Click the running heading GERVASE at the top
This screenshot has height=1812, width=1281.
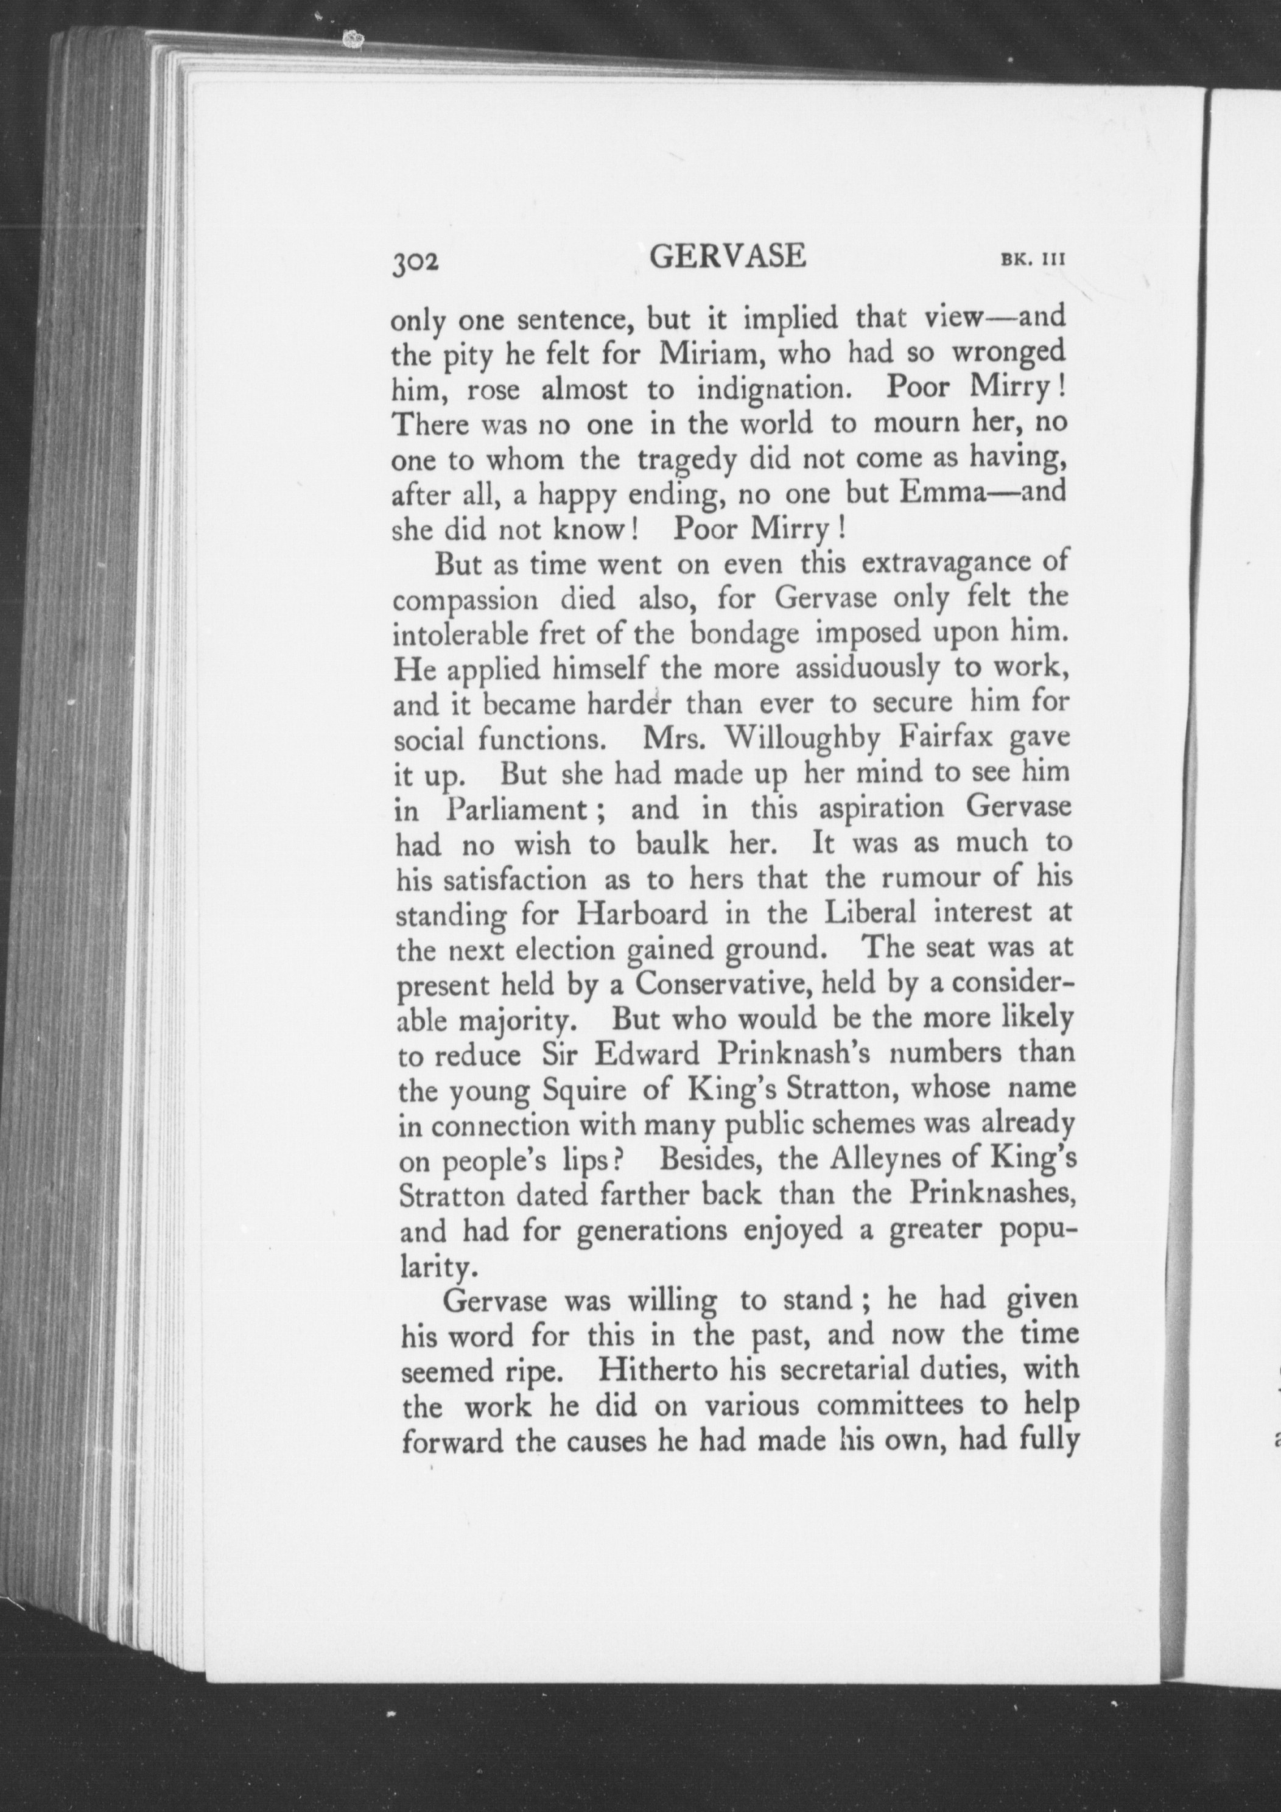[729, 256]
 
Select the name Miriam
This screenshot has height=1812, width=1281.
[708, 354]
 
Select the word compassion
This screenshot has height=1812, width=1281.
[466, 600]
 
